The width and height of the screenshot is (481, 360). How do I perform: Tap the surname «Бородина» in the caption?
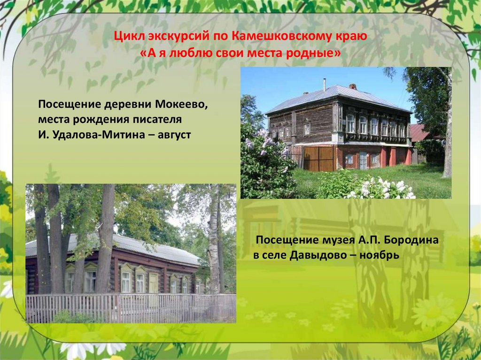[411, 240]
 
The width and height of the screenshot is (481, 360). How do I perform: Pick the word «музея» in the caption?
[326, 240]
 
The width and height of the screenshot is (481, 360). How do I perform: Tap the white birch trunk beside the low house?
[214, 244]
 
